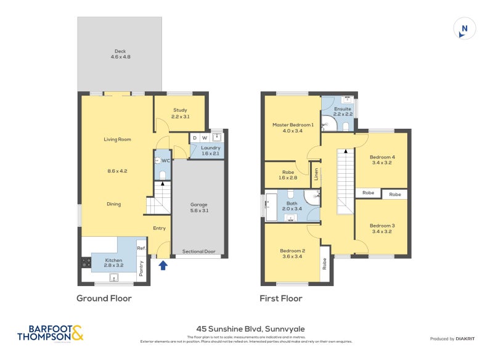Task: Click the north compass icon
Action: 465,29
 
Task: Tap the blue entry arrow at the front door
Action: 163,266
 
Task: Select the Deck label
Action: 120,54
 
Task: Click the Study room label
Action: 180,113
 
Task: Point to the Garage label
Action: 198,207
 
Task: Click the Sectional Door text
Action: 198,252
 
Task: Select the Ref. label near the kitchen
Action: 141,248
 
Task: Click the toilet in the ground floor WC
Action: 163,175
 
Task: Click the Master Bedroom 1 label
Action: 293,128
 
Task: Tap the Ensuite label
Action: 343,112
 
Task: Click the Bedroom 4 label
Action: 382,160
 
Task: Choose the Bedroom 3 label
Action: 382,228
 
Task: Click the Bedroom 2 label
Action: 293,253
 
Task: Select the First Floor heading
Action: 281,298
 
